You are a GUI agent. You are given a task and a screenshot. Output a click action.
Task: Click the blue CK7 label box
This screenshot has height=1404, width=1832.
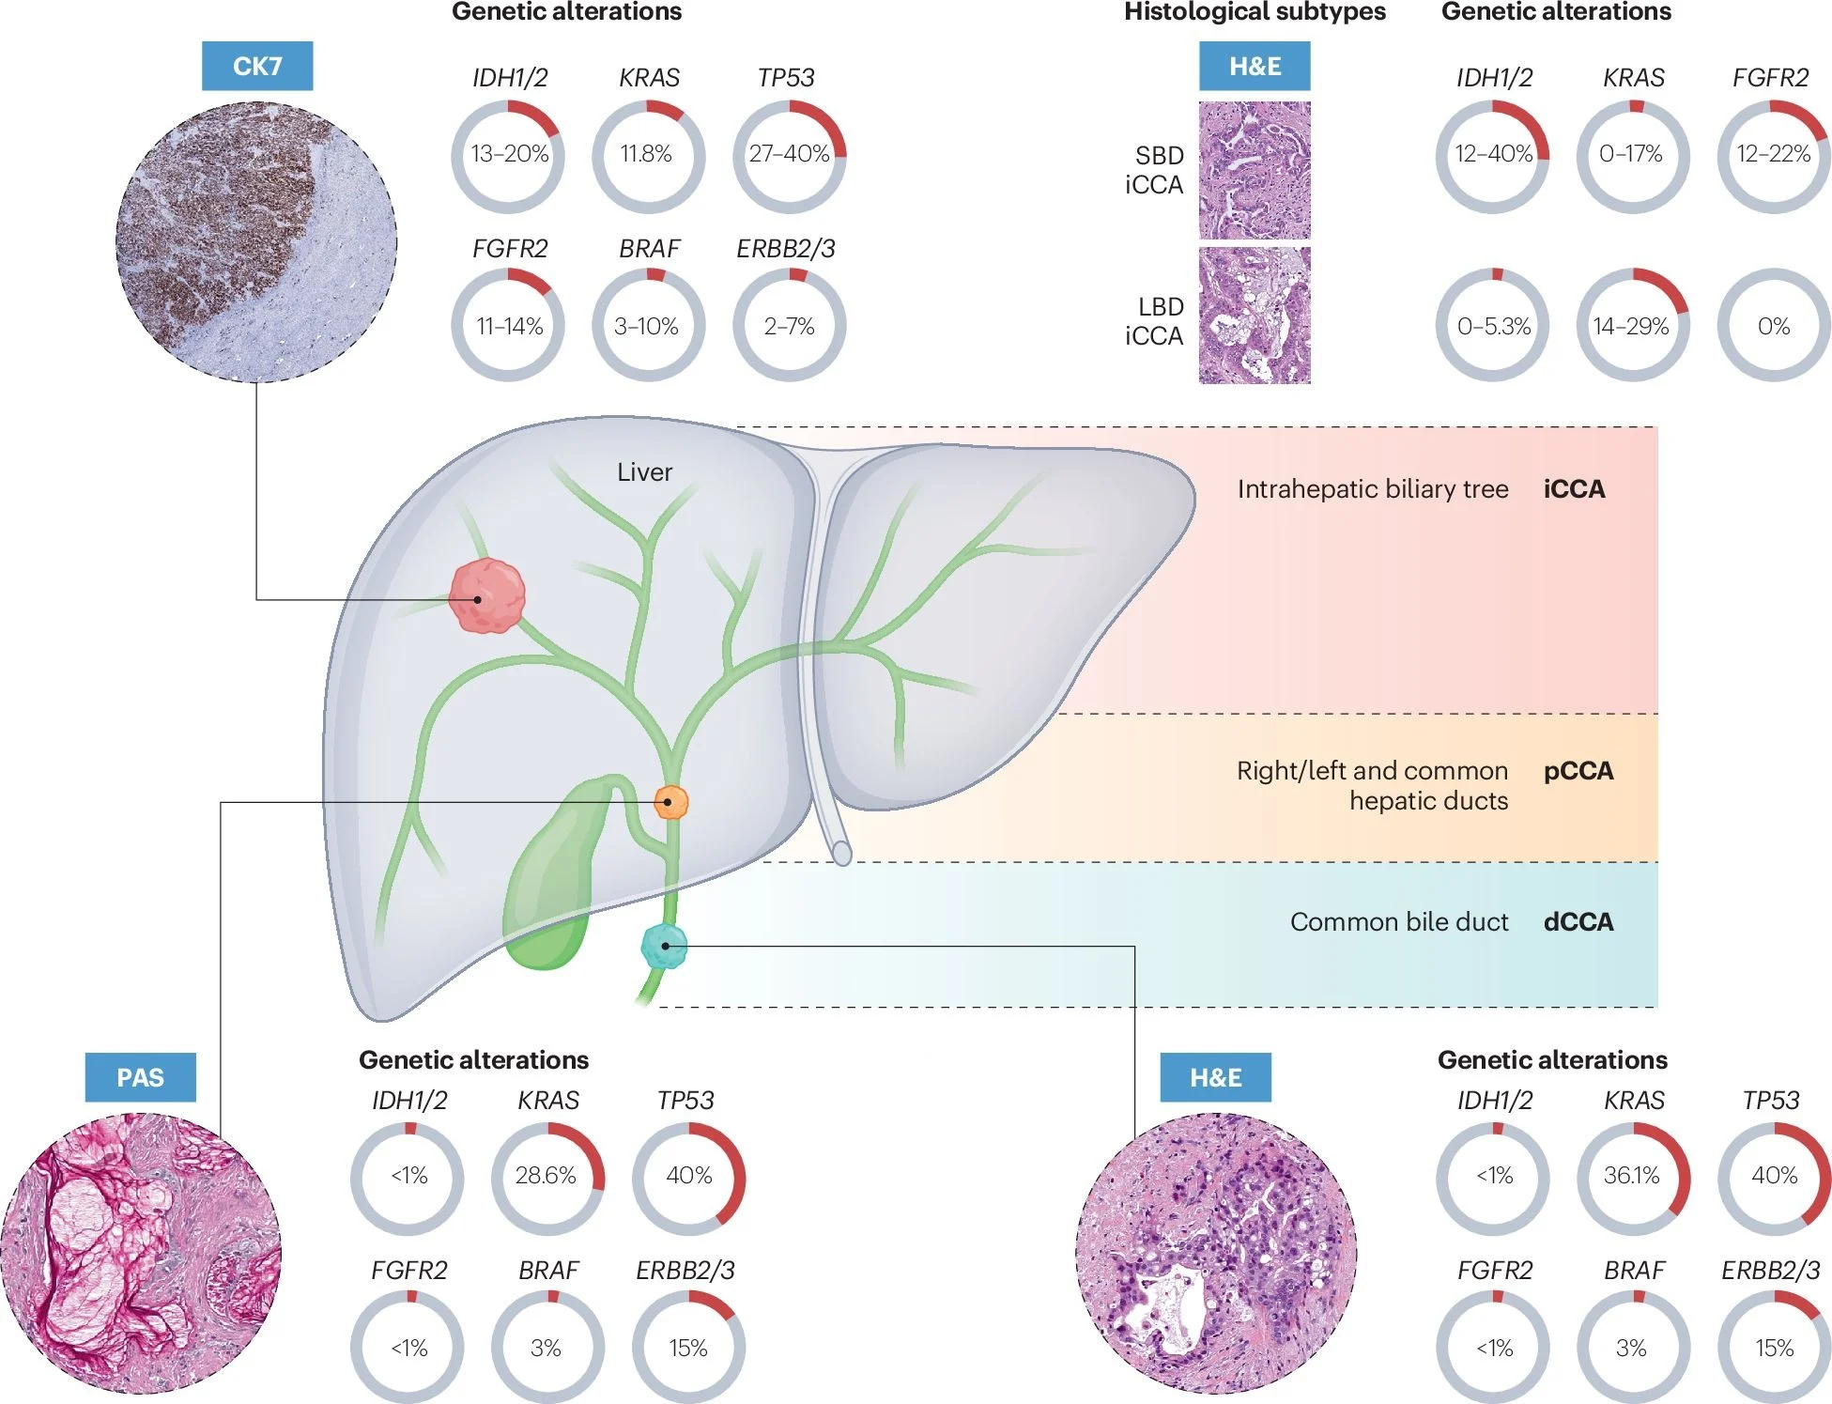click(256, 66)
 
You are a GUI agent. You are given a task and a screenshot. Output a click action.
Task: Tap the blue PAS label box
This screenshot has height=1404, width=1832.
click(140, 1077)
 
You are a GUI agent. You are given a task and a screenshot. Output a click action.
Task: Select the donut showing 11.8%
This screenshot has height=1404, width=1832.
click(647, 155)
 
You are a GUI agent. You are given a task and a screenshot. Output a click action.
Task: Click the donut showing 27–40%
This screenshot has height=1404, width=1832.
click(789, 155)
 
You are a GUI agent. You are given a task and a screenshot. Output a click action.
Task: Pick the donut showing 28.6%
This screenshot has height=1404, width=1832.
click(547, 1177)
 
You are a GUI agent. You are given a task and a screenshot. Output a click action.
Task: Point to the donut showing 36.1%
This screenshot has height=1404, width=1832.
click(1632, 1177)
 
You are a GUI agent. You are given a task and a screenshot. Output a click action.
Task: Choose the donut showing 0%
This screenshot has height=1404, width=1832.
click(1773, 326)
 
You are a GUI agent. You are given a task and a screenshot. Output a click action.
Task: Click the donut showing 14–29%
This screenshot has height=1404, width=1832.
click(1632, 326)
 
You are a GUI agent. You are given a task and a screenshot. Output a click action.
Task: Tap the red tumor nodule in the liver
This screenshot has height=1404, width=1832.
click(485, 595)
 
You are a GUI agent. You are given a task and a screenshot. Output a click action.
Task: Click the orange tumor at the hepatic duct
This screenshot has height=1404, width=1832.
click(670, 802)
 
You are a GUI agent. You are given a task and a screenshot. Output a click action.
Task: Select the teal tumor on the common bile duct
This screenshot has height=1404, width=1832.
click(664, 946)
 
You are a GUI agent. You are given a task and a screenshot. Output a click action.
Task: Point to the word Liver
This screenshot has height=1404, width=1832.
click(644, 472)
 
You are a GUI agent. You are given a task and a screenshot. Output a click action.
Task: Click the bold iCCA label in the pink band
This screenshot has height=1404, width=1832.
click(1574, 489)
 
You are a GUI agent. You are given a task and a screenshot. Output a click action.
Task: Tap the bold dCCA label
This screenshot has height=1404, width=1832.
click(1578, 921)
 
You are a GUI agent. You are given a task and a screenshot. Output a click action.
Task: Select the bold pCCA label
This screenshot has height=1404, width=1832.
click(1578, 771)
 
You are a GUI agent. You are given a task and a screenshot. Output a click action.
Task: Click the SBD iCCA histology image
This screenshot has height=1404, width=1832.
click(1254, 170)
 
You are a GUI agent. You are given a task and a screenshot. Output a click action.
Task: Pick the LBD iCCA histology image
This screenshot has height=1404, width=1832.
click(1254, 316)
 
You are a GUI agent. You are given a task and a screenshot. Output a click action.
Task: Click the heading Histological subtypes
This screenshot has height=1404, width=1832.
click(1255, 12)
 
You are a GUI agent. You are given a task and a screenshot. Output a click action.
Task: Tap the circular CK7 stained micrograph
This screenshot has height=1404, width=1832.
click(256, 241)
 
